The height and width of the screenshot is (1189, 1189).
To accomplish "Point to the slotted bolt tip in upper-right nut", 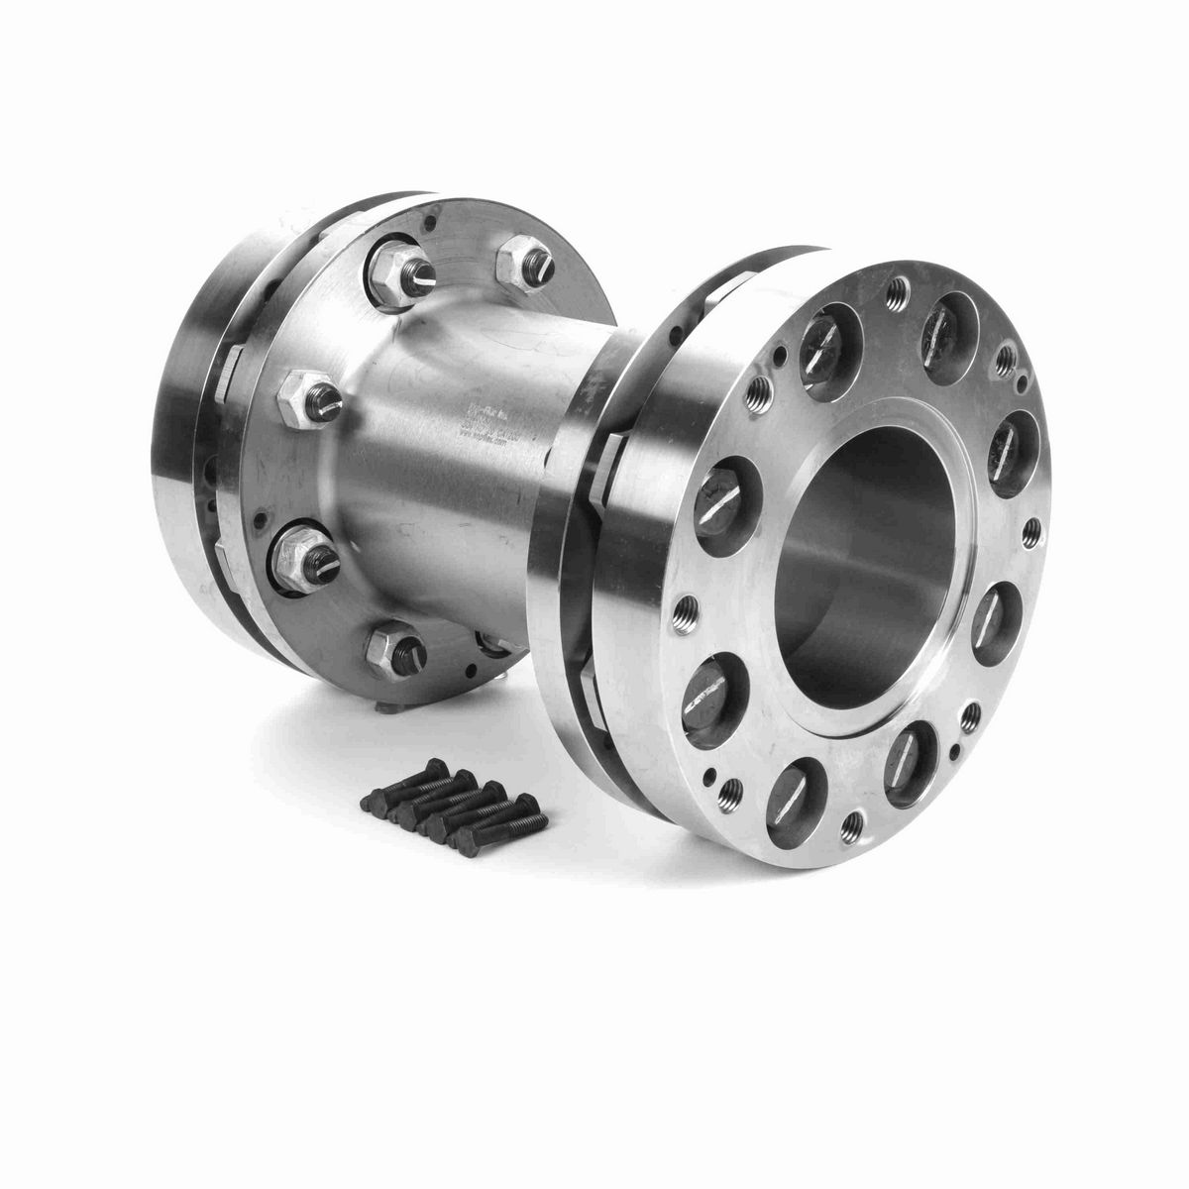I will (541, 263).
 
